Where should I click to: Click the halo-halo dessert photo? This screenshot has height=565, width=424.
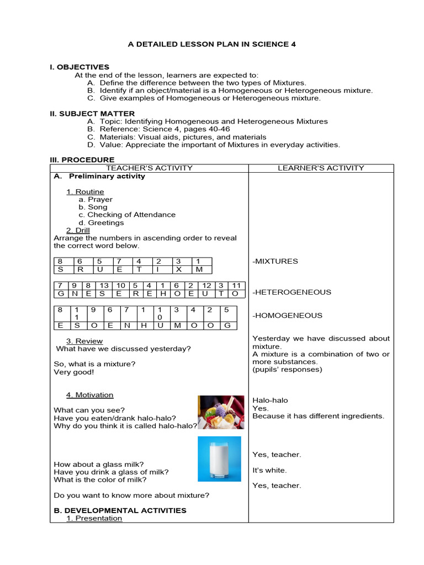pyautogui.click(x=221, y=412)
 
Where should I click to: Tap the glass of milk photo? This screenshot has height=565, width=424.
pyautogui.click(x=219, y=459)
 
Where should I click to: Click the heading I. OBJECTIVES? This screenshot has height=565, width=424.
pyautogui.click(x=79, y=67)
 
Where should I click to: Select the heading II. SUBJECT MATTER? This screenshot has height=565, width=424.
pyautogui.click(x=92, y=114)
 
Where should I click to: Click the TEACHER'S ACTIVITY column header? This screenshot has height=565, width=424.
pyautogui.click(x=149, y=168)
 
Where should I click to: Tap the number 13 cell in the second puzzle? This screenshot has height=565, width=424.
pyautogui.click(x=104, y=285)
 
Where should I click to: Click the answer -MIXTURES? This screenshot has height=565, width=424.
pyautogui.click(x=275, y=261)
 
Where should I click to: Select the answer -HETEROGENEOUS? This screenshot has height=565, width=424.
pyautogui.click(x=291, y=292)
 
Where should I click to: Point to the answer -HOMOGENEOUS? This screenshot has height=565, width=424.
pyautogui.click(x=287, y=316)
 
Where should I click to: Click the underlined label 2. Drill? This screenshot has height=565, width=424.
pyautogui.click(x=78, y=231)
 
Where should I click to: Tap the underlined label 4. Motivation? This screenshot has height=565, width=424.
pyautogui.click(x=89, y=395)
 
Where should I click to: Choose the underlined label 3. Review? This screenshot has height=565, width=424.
pyautogui.click(x=84, y=341)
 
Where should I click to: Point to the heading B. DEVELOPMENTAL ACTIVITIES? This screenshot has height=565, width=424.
pyautogui.click(x=120, y=510)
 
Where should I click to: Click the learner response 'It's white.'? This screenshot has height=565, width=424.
pyautogui.click(x=269, y=471)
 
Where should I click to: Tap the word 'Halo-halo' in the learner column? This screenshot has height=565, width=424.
pyautogui.click(x=270, y=401)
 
